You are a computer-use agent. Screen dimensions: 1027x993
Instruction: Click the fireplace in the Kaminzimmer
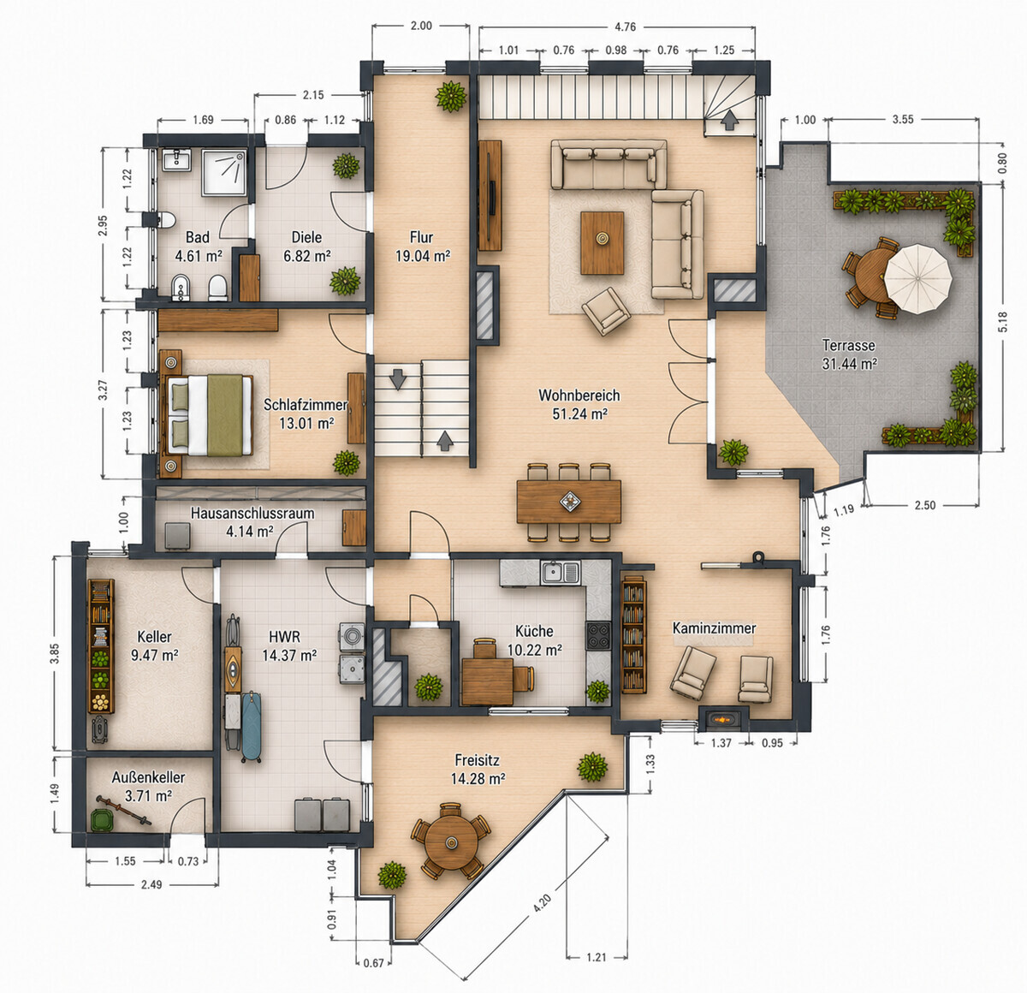[723, 719]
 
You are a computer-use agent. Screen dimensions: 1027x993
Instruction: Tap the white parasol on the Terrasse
[918, 279]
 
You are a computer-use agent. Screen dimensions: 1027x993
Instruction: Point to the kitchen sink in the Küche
[560, 572]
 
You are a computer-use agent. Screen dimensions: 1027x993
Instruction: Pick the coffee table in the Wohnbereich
[603, 243]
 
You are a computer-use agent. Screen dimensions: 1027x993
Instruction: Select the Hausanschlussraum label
[252, 513]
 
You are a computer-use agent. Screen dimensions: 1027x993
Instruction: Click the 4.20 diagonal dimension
[542, 903]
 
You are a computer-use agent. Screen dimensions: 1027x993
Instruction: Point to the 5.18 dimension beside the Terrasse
[1003, 322]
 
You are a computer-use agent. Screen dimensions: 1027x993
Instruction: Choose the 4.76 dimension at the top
[626, 27]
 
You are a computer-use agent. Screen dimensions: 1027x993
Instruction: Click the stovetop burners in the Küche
[598, 635]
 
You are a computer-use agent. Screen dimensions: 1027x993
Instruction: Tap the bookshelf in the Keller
[101, 646]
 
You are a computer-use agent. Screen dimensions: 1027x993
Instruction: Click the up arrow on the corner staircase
[729, 121]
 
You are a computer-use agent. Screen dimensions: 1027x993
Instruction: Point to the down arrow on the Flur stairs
[397, 379]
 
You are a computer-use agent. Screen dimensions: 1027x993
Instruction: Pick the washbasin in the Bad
[177, 159]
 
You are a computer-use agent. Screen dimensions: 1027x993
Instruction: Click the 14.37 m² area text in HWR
[289, 655]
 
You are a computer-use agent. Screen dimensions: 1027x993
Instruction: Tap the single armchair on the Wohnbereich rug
[606, 312]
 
